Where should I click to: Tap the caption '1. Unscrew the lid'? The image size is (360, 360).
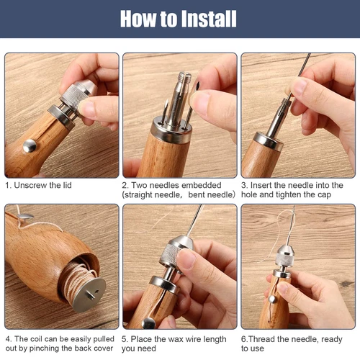(x=38, y=186)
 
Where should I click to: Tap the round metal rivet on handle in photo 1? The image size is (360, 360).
(x=30, y=146)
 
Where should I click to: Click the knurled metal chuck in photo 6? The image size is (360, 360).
(x=283, y=252)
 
